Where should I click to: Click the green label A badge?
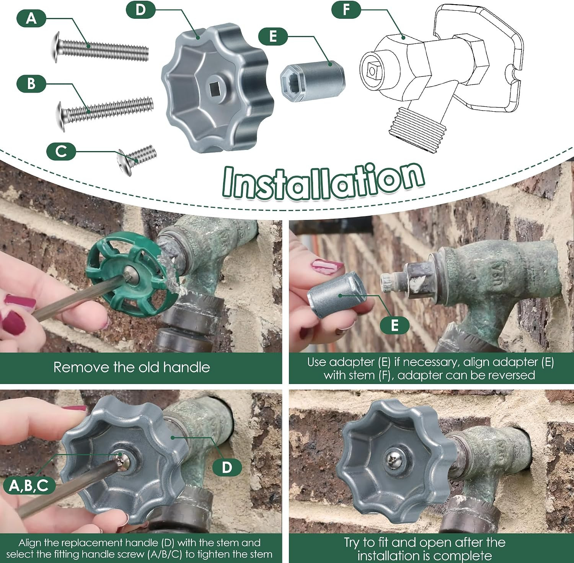point(31,18)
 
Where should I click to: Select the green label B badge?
point(31,83)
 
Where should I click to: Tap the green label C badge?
point(61,151)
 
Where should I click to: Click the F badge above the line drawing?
point(346,10)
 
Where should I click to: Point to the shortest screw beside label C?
point(137,159)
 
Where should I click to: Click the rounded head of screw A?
point(56,47)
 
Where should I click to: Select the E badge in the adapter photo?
point(395,325)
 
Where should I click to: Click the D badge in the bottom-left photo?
point(227,467)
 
